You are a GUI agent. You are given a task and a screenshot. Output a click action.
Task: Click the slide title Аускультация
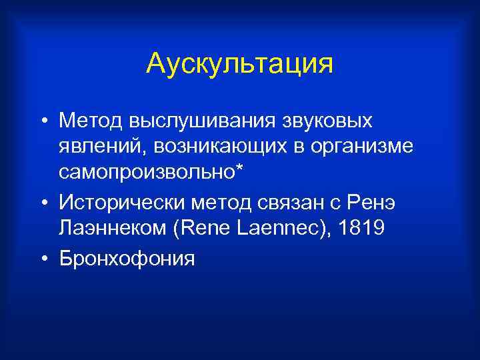(x=239, y=64)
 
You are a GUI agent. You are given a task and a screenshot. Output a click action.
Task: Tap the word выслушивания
(x=194, y=122)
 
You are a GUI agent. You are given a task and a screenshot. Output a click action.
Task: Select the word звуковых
(x=326, y=122)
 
